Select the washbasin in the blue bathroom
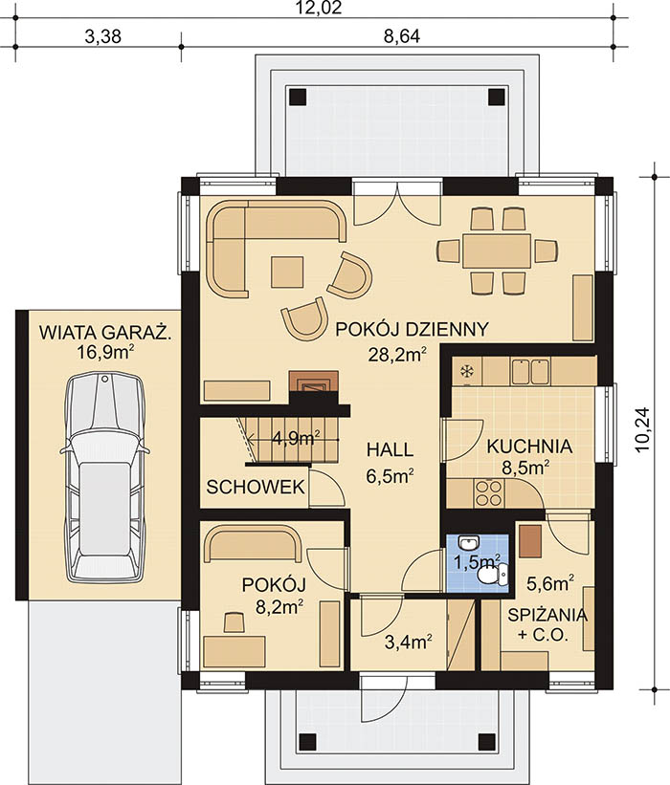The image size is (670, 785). (469, 543)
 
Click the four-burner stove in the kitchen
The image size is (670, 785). (488, 493)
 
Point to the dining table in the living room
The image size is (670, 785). (497, 251)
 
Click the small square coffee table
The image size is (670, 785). (287, 272)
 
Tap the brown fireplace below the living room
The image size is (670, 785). (314, 382)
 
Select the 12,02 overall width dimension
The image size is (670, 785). (319, 9)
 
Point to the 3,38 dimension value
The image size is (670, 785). (102, 36)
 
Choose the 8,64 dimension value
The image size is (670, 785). (401, 36)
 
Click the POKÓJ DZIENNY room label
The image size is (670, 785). (412, 330)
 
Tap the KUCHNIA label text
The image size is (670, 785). (529, 447)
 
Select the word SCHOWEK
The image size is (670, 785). (256, 487)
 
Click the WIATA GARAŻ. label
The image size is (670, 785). (105, 333)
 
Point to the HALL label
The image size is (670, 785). (390, 449)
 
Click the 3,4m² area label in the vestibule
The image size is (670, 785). (409, 642)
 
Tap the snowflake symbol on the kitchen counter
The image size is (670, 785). (466, 371)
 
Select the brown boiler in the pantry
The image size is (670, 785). (530, 541)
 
